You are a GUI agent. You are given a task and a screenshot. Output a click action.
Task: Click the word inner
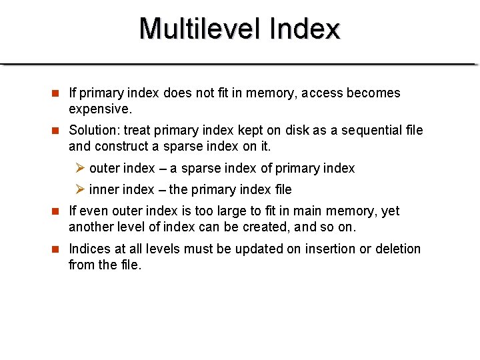(x=103, y=189)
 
